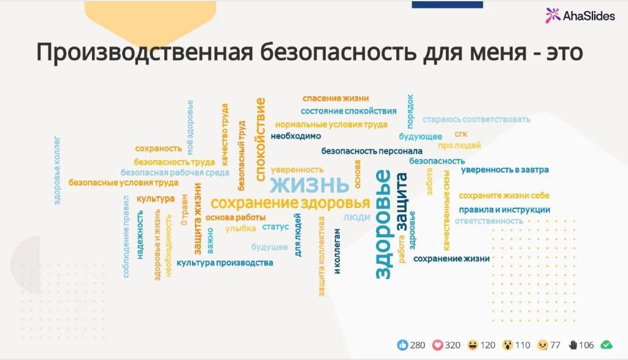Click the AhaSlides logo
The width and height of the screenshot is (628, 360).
pyautogui.click(x=580, y=15)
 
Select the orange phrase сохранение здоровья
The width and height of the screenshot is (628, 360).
pyautogui.click(x=290, y=203)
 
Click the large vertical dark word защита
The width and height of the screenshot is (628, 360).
pyautogui.click(x=402, y=202)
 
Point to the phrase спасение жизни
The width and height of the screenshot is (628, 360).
pyautogui.click(x=335, y=98)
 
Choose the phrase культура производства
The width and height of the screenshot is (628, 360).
pyautogui.click(x=224, y=262)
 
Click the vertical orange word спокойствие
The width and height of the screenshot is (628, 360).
pyautogui.click(x=261, y=138)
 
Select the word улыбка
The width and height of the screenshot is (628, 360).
pyautogui.click(x=240, y=228)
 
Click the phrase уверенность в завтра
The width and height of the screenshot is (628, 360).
pyautogui.click(x=505, y=170)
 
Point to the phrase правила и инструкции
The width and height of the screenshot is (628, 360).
pyautogui.click(x=504, y=210)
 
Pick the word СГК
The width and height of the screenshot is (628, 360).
pyautogui.click(x=461, y=134)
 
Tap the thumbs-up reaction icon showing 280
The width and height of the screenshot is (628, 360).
pyautogui.click(x=402, y=345)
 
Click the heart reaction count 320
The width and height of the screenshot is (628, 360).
pyautogui.click(x=453, y=345)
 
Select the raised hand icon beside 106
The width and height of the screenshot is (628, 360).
pyautogui.click(x=573, y=345)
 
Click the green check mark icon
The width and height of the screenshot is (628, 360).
pyautogui.click(x=606, y=345)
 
